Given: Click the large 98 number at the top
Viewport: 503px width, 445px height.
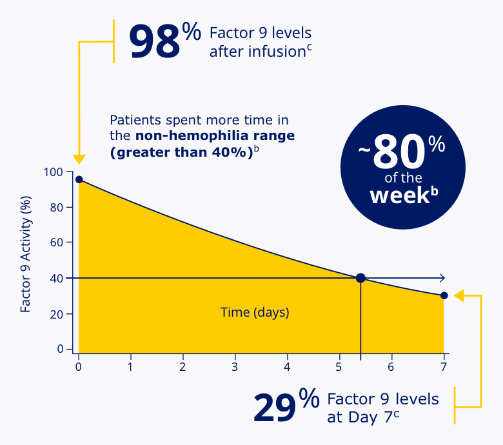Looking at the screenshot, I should [x=155, y=42].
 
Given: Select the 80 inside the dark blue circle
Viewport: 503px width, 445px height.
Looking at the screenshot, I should [x=399, y=152].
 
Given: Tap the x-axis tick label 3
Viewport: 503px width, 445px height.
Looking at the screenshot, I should [x=235, y=367].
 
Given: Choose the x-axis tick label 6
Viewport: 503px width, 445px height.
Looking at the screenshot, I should [x=391, y=367].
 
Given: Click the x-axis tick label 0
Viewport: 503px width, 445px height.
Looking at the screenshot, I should [x=79, y=367].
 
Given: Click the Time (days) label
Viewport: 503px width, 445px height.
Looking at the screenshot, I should [x=255, y=313].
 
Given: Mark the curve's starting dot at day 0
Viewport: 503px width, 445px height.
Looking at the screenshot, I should [x=79, y=179].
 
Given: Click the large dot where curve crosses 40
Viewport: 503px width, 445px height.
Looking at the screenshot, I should [x=360, y=278].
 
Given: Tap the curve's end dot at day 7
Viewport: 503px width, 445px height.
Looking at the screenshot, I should [x=444, y=295].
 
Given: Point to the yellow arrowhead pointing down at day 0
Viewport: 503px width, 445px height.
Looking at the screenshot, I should [x=79, y=160].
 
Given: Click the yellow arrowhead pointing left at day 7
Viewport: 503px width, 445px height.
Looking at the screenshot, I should [x=459, y=295].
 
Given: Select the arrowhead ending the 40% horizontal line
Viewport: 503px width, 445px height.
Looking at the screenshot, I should [x=442, y=278].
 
